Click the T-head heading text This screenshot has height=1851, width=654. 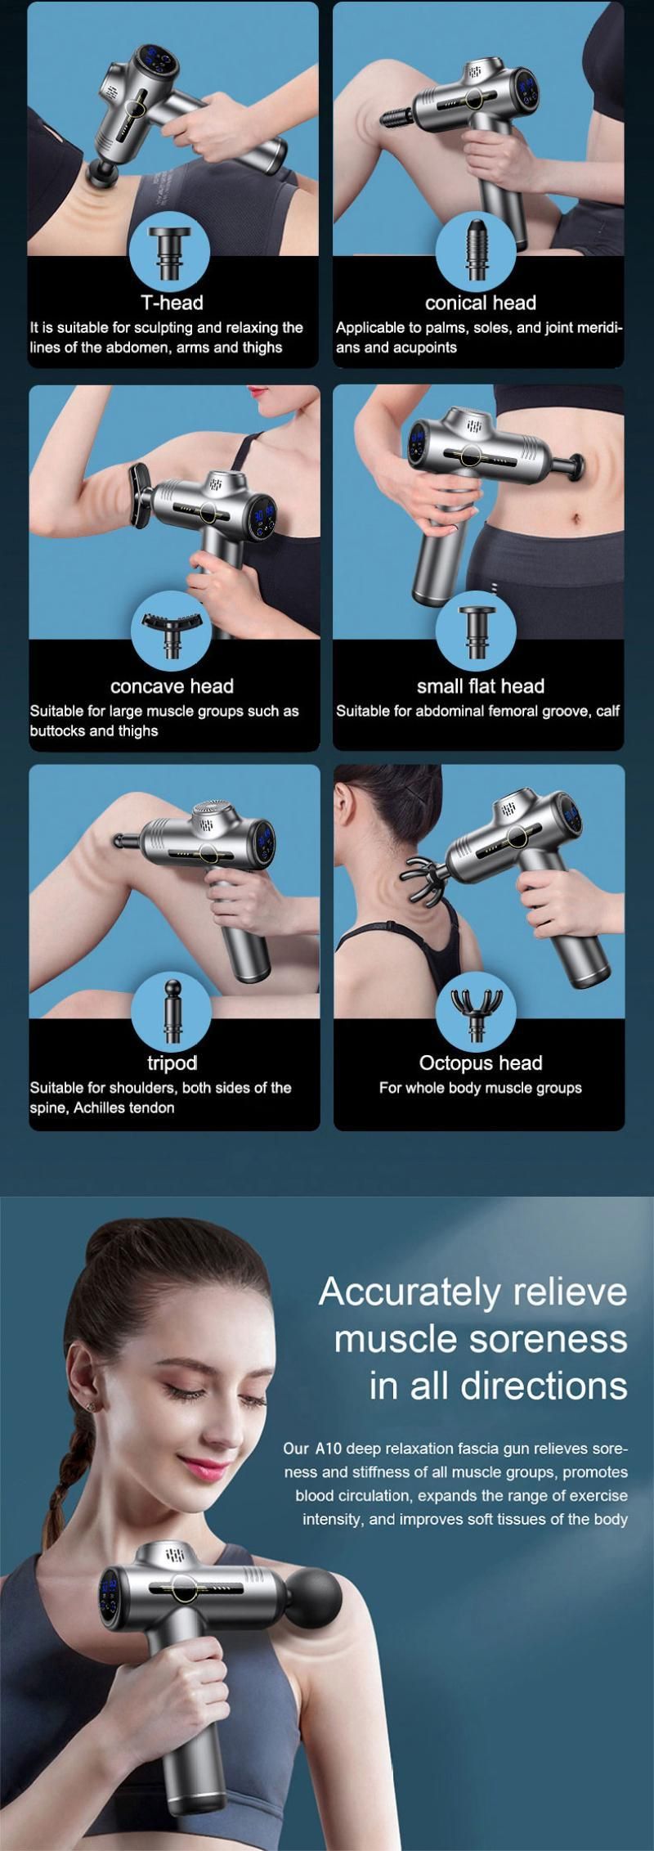coord(172,303)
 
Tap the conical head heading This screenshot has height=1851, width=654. coord(480,303)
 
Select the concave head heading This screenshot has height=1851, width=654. coord(172,686)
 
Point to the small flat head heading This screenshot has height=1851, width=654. coord(480,686)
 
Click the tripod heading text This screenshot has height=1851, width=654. coord(172,1063)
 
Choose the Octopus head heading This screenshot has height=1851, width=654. coord(480,1063)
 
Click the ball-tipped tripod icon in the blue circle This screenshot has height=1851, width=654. coord(171,1010)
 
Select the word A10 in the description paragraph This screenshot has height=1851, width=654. coord(324,1449)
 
